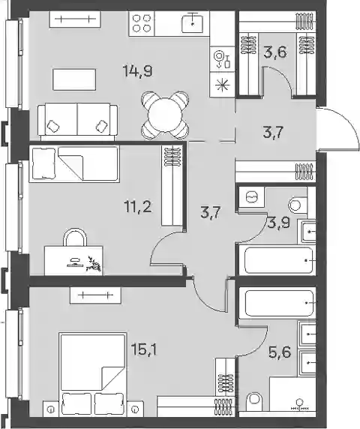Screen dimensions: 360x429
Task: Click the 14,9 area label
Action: pos(138,72)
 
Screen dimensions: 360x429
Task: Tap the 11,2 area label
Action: pos(138,207)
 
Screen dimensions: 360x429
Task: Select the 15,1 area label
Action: pos(144,349)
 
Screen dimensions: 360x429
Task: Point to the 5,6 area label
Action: pos(279,352)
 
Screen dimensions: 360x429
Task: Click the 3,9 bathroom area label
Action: pos(279,223)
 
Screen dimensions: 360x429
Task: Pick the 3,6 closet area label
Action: pos(275,52)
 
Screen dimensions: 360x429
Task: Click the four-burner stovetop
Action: pos(142,23)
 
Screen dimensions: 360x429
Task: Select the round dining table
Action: pos(165,115)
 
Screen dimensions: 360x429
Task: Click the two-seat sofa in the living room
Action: pos(78,121)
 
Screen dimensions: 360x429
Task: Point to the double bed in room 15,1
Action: pos(93,374)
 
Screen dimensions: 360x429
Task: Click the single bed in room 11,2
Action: pos(74,164)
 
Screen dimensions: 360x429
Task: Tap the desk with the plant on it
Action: pos(73,260)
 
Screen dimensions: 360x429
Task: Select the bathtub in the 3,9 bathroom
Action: pos(277,260)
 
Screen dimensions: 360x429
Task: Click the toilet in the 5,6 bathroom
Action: pos(254,402)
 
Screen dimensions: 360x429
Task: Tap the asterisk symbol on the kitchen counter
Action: pos(223,85)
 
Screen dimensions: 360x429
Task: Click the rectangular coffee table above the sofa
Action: pos(74,79)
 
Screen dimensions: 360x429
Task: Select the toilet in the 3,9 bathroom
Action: pos(295,205)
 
